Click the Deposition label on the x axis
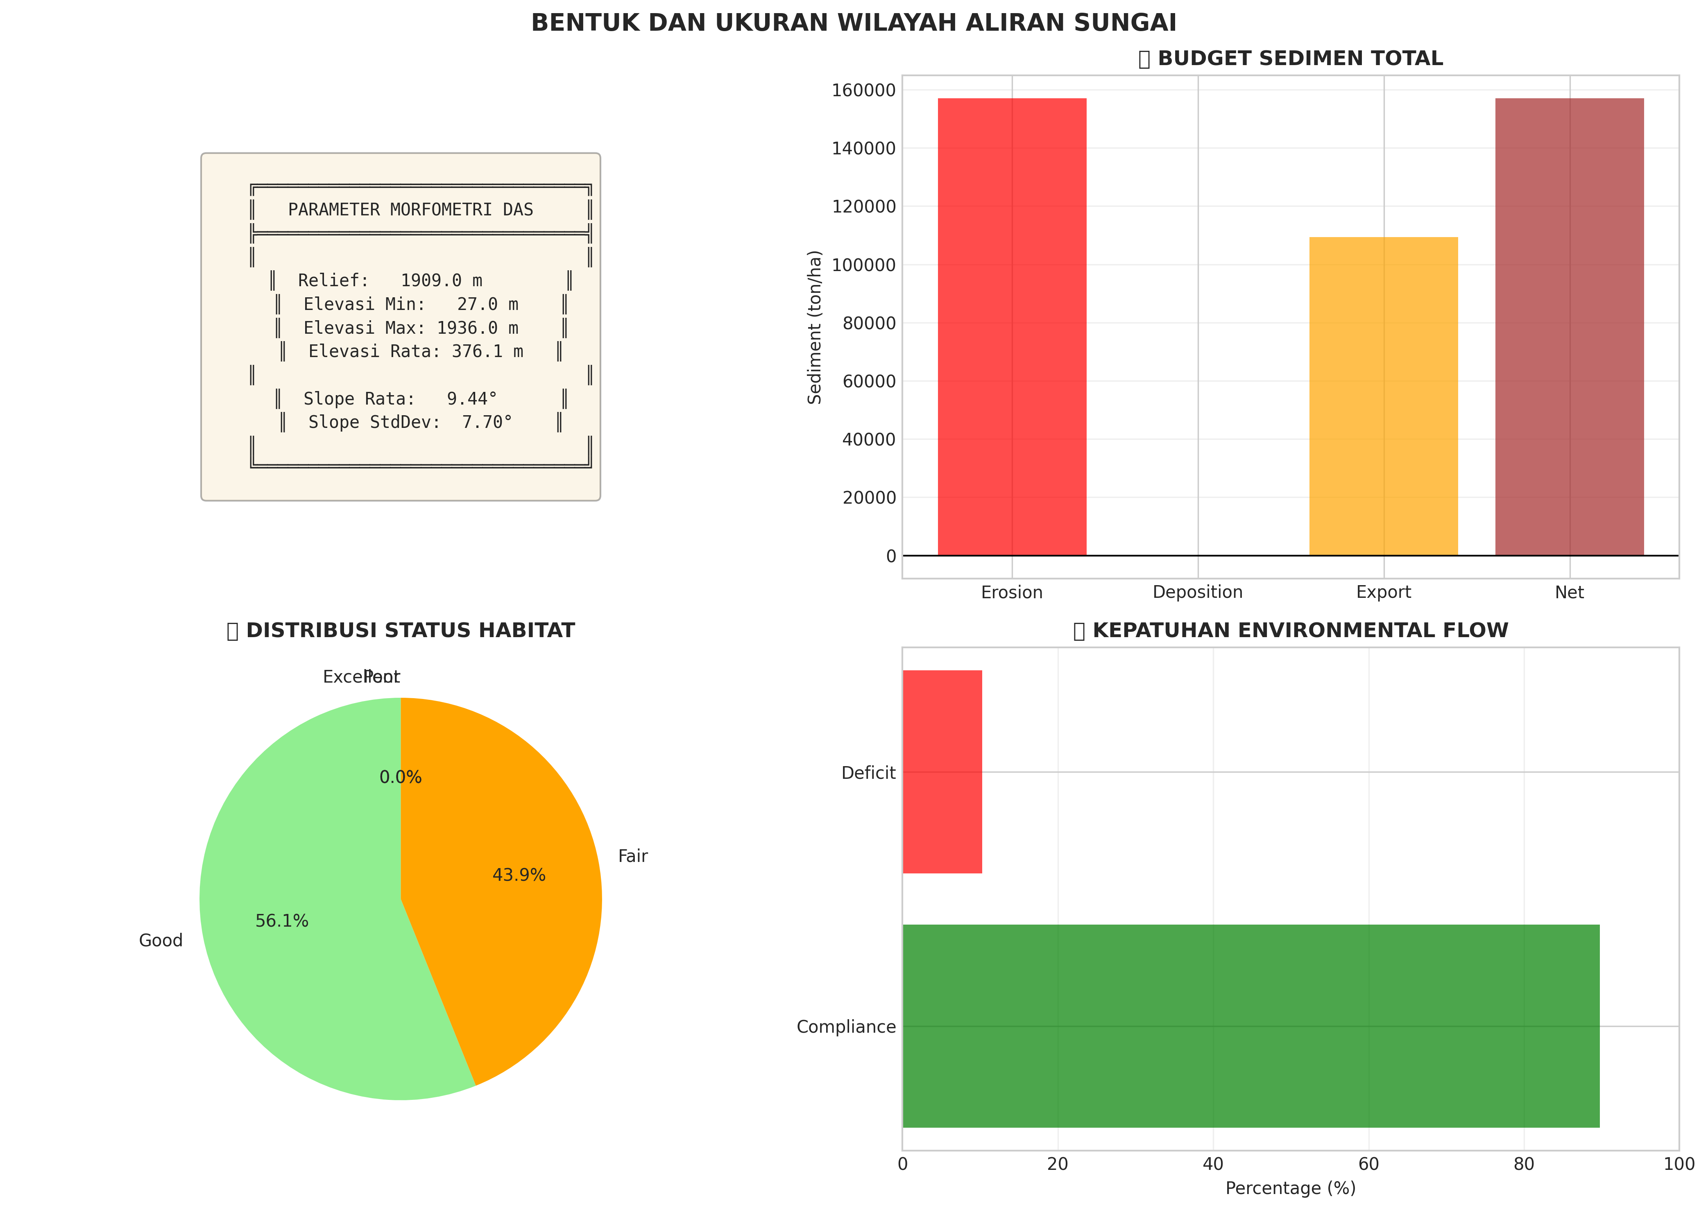click(x=1198, y=593)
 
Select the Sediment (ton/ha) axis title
click(x=815, y=327)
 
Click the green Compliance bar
click(x=1250, y=1026)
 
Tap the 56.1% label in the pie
click(x=282, y=921)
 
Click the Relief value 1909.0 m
click(x=441, y=280)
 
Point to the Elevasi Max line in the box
click(x=410, y=328)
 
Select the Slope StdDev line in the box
click(x=410, y=423)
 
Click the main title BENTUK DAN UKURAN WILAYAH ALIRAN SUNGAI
click(x=853, y=23)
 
